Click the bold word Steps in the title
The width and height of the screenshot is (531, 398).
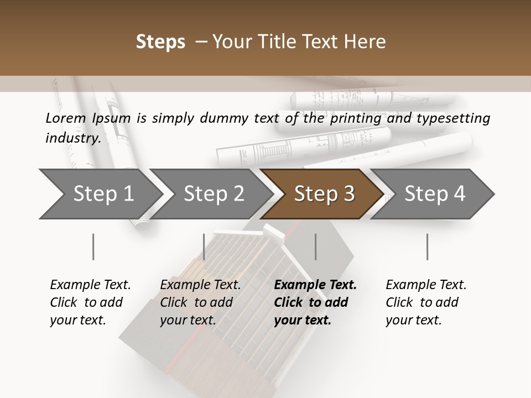point(160,42)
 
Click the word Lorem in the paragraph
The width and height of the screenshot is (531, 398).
point(66,118)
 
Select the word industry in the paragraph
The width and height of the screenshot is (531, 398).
point(73,138)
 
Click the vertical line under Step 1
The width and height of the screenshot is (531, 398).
point(93,247)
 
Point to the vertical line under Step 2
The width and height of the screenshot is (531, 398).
point(204,247)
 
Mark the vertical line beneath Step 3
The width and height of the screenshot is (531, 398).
point(315,247)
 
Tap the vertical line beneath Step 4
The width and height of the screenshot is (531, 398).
point(427,247)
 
